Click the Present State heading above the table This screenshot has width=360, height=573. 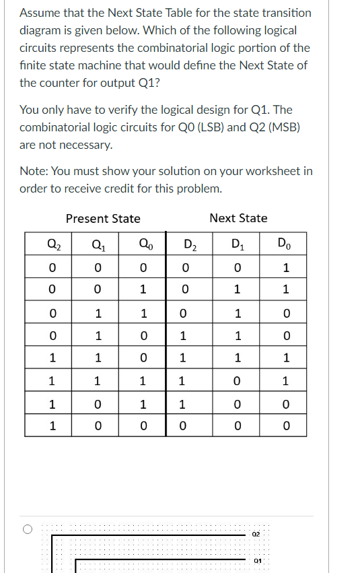(x=103, y=218)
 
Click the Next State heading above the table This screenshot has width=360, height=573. (x=238, y=218)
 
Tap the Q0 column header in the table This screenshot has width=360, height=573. (x=142, y=244)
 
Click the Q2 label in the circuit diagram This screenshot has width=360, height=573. (x=255, y=534)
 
